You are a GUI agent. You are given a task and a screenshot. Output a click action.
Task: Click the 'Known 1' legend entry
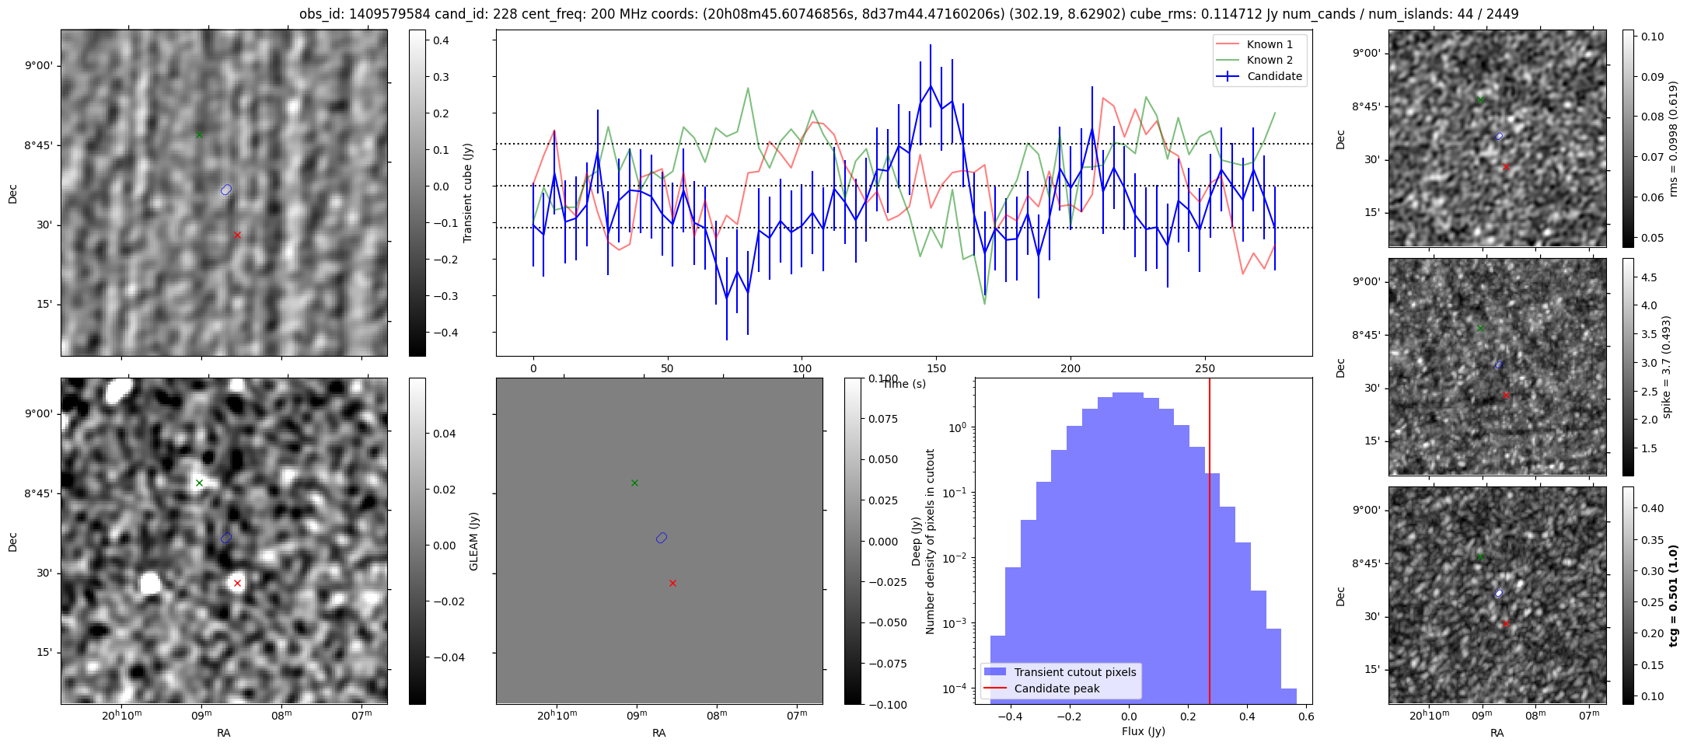[1270, 44]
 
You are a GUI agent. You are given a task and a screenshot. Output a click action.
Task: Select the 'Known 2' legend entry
[1270, 60]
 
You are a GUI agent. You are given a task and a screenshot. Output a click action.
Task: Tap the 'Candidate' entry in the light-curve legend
[1274, 76]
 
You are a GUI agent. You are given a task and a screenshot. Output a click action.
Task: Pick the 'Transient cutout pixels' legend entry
[1074, 672]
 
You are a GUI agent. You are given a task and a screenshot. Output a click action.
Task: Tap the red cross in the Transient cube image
[237, 235]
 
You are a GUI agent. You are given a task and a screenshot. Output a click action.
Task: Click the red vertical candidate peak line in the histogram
[1210, 544]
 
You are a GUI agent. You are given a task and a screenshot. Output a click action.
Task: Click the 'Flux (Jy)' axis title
[1143, 731]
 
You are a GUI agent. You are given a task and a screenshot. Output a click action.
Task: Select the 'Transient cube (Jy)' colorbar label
[468, 193]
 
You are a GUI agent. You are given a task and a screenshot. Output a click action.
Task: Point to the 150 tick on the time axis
[936, 368]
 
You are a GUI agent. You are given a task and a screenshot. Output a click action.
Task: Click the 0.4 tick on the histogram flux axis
[1247, 716]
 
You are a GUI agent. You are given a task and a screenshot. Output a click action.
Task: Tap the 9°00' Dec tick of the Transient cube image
[38, 65]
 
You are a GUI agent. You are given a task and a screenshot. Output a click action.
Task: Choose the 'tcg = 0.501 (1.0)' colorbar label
[1673, 595]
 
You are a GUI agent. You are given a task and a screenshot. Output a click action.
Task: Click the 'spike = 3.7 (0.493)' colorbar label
[1665, 367]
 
